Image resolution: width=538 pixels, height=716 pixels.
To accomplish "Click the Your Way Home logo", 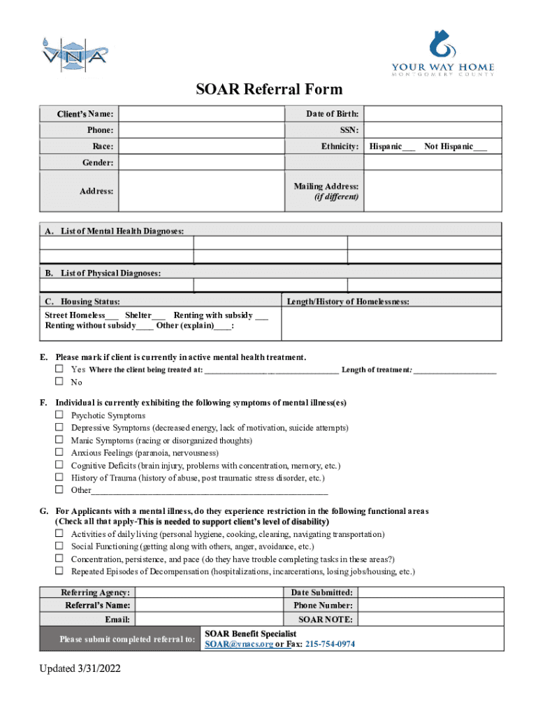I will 442,52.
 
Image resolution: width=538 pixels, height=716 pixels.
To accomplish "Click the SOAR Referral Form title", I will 269,89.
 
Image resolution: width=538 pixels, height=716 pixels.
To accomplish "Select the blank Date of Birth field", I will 432,114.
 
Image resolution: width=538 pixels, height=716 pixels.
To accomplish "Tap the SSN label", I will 349,130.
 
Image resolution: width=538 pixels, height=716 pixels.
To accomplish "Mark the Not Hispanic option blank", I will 480,147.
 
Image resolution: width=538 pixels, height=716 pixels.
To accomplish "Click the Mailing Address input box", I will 432,191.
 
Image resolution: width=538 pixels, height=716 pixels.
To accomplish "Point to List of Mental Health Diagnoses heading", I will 122,231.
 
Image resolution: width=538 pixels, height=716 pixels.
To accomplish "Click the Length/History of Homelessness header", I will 347,301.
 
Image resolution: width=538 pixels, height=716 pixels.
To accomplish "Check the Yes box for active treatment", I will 60,369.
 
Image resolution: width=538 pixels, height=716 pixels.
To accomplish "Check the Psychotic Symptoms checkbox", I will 60,415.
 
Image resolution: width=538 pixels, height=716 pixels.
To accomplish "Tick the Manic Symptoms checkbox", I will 60,441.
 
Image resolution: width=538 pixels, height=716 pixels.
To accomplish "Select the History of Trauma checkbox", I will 60,478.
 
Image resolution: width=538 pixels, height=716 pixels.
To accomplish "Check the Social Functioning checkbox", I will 60,547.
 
